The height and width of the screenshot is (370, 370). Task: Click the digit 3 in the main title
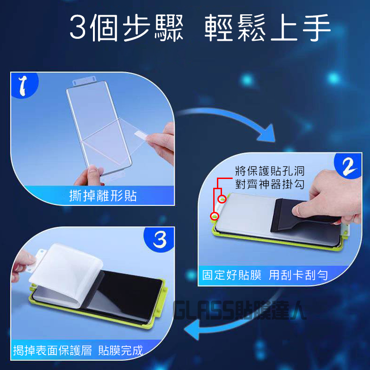78,28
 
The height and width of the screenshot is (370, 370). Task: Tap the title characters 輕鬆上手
267,28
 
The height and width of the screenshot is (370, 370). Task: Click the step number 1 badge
25,85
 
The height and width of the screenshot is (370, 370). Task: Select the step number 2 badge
348,166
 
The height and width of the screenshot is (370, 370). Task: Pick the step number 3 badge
159,240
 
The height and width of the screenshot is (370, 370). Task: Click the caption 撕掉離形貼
103,196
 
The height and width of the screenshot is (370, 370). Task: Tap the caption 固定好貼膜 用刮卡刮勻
265,275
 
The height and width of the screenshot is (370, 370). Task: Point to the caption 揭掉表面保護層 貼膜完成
78,350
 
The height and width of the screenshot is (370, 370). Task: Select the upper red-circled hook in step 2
222,199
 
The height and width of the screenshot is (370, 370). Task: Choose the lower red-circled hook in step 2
215,216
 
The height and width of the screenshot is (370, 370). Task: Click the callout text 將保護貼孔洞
270,171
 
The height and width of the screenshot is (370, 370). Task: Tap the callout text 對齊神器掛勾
270,184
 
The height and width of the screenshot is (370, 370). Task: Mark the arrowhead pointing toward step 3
192,329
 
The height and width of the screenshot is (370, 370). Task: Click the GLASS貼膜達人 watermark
240,310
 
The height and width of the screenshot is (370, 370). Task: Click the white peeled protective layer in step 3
67,274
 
